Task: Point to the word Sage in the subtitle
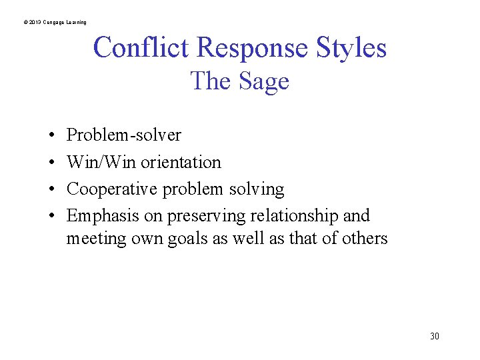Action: click(x=263, y=81)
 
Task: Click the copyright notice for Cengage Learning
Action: click(x=55, y=23)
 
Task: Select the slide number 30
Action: click(x=435, y=336)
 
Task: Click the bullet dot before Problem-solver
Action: click(x=51, y=136)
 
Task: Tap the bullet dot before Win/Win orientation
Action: click(x=51, y=163)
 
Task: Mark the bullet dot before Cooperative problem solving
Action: click(x=51, y=190)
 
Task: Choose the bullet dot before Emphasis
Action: click(x=51, y=217)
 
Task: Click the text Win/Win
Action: click(x=101, y=162)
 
